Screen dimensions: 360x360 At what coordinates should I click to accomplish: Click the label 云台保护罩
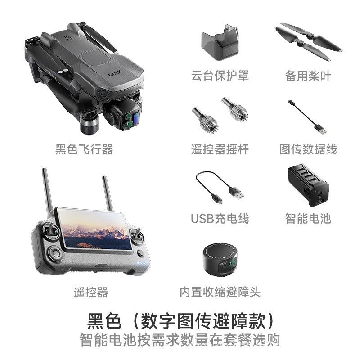[220, 76]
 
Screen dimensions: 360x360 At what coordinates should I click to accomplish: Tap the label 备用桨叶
[308, 76]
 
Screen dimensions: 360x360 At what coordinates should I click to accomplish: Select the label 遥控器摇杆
[220, 149]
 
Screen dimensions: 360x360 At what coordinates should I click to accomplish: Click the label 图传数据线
[308, 149]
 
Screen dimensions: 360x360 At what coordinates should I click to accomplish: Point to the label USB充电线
[220, 219]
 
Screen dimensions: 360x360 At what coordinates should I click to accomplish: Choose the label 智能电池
[308, 219]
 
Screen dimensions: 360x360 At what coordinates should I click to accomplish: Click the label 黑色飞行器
[84, 149]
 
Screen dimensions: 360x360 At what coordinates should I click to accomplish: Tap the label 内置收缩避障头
[220, 292]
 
